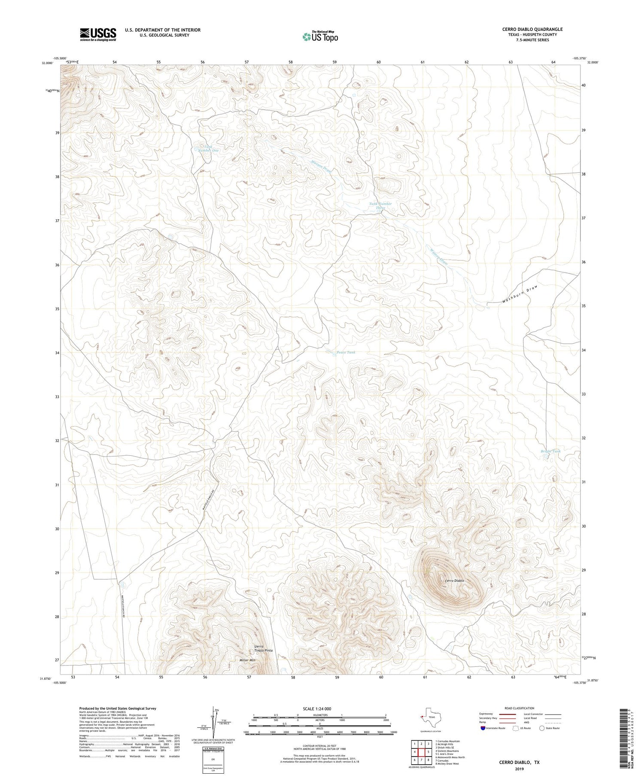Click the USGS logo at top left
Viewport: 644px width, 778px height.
[x=98, y=34]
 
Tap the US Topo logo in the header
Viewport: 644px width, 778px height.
[x=320, y=36]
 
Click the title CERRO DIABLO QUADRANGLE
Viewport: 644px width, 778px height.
[x=532, y=29]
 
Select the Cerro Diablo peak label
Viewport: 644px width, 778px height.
[x=454, y=581]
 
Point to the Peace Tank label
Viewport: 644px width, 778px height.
[x=346, y=352]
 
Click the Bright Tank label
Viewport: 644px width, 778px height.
[x=550, y=451]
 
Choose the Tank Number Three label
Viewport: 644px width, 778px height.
[x=380, y=206]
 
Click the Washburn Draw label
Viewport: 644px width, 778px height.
[x=519, y=294]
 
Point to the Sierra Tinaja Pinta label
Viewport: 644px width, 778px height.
[x=263, y=648]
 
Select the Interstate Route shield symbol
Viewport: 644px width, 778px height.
[x=483, y=728]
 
